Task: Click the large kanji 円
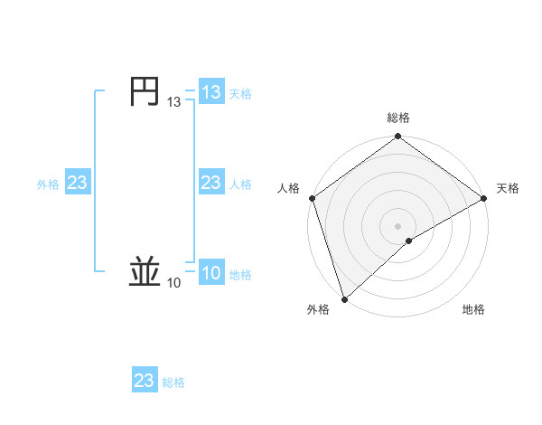pos(145,92)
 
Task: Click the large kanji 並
pos(145,272)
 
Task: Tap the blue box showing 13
pos(211,92)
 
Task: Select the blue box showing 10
pos(211,273)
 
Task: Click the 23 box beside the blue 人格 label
pos(211,183)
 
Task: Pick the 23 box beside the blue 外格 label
pos(78,183)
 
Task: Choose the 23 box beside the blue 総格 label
pos(145,381)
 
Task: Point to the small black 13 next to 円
pos(173,103)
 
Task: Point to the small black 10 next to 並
pos(173,284)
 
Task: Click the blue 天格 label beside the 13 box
pos(240,93)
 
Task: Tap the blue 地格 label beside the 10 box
pos(240,274)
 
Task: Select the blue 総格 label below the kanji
pos(173,382)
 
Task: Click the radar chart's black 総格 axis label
pos(397,118)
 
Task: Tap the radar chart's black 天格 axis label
pos(508,188)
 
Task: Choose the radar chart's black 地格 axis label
pos(473,309)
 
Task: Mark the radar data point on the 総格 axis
pos(397,137)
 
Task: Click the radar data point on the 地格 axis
pos(409,241)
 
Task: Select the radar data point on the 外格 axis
pos(343,297)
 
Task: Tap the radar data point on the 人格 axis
pos(312,198)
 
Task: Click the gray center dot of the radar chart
pos(397,225)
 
